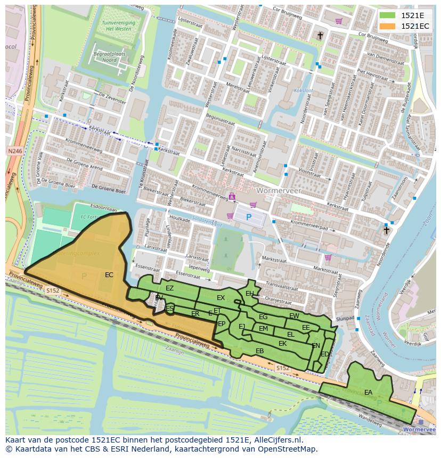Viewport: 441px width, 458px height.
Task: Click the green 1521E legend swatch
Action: pyautogui.click(x=387, y=15)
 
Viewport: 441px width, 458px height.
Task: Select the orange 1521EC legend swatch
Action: pyautogui.click(x=387, y=26)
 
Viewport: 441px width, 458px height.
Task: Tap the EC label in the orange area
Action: pyautogui.click(x=109, y=275)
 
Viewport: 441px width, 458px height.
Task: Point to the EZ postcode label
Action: pyautogui.click(x=169, y=288)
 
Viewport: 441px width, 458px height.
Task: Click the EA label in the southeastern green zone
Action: pyautogui.click(x=368, y=393)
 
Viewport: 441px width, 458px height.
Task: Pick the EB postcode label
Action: pyautogui.click(x=260, y=351)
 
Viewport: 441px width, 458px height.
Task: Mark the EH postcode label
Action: pyautogui.click(x=249, y=294)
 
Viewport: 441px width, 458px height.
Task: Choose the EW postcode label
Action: pyautogui.click(x=294, y=316)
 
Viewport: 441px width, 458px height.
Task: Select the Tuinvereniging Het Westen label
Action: pyautogui.click(x=118, y=26)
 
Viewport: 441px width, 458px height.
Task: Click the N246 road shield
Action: pyautogui.click(x=15, y=152)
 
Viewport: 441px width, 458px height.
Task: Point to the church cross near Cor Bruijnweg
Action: pyautogui.click(x=320, y=36)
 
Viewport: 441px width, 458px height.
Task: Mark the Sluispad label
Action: pyautogui.click(x=345, y=318)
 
